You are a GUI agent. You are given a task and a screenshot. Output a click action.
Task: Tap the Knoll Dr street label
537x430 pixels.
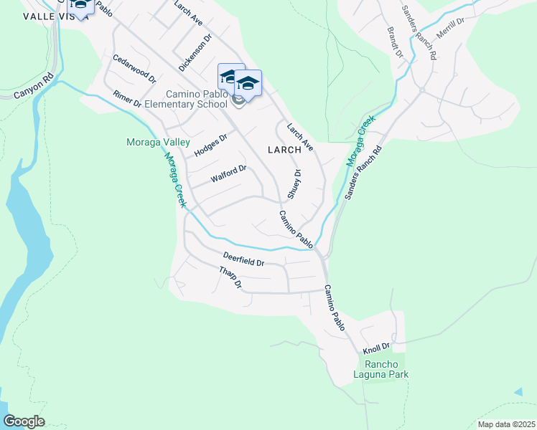(x=375, y=348)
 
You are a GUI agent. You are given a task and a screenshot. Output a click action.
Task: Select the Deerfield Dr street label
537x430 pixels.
(x=243, y=259)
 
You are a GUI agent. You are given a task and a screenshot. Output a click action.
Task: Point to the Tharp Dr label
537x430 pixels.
(x=230, y=277)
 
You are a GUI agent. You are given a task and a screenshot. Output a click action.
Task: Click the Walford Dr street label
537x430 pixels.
(x=228, y=174)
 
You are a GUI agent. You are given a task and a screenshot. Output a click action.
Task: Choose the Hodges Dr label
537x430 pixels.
(x=210, y=145)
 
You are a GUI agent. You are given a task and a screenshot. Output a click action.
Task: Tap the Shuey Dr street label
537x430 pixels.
(x=294, y=184)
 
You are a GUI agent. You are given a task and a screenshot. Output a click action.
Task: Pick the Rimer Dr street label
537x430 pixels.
(x=127, y=100)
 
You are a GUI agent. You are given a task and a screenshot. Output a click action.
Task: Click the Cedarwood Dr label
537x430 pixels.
(x=134, y=67)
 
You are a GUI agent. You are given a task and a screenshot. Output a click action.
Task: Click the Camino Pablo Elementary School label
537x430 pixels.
(x=190, y=99)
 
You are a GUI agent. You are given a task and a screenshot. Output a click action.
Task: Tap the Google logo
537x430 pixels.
(x=24, y=421)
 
